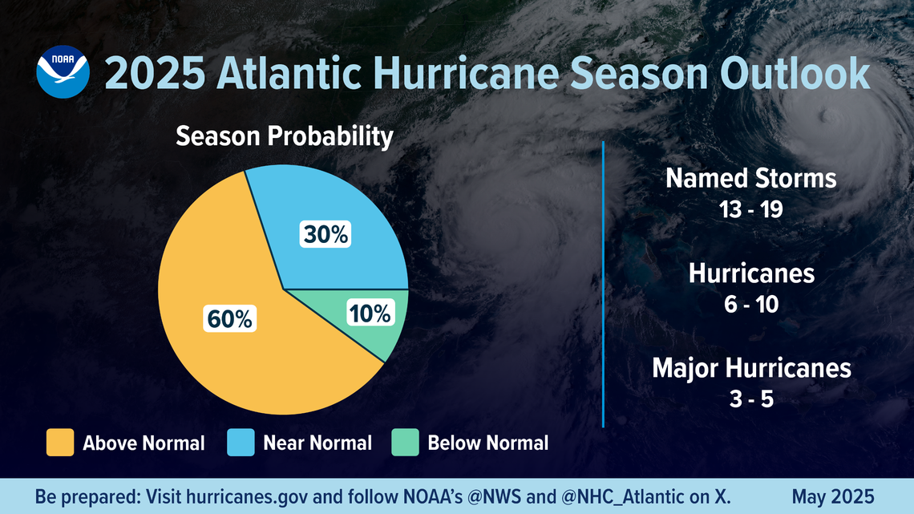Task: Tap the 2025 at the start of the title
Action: coord(153,74)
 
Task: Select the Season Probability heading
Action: coord(284,137)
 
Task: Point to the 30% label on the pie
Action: coord(326,235)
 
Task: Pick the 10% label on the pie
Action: coord(370,314)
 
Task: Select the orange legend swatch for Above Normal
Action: coord(60,443)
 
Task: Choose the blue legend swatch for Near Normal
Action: coord(241,443)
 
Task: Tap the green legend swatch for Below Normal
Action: coord(405,443)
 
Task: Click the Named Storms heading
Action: coord(751,178)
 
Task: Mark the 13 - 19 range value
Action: coord(751,209)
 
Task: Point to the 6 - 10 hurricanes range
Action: coord(751,305)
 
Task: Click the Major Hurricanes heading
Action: coord(751,368)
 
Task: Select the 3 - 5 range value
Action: coord(751,399)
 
